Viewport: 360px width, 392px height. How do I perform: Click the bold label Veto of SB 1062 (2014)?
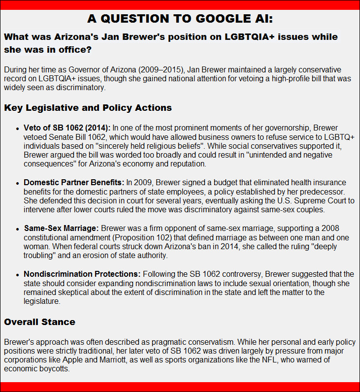(x=67, y=128)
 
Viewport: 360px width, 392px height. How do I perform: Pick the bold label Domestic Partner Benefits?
(x=74, y=183)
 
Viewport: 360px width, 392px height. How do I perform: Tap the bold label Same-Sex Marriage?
(x=62, y=229)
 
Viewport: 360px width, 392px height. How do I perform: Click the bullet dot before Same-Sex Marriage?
(x=18, y=229)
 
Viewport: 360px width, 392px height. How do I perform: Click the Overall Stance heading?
(x=39, y=322)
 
